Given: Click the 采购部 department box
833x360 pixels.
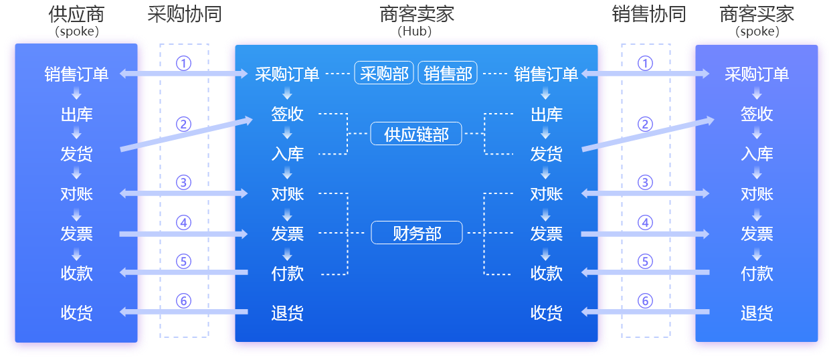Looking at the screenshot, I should point(384,74).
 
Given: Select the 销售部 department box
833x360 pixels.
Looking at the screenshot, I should point(448,74).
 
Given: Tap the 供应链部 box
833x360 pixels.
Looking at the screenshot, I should point(416,134).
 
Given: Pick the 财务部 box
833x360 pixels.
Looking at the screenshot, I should point(416,233).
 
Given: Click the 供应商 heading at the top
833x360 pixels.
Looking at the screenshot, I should point(76,14).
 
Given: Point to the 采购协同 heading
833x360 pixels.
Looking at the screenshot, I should point(184,14).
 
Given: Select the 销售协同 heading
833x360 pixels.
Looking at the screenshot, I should point(648,14).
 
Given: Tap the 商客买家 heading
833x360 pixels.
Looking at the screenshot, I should point(757,14).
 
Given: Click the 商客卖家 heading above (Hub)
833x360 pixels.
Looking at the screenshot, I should point(417,14).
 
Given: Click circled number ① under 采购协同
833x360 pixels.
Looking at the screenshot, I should point(183,63).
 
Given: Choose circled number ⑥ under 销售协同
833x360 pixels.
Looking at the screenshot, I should point(645,301).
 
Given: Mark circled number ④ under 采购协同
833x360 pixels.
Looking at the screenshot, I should point(183,222).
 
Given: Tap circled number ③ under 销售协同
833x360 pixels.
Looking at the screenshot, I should point(645,182).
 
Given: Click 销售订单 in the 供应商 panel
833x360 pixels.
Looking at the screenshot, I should point(76,74).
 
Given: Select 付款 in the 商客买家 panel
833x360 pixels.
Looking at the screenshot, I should point(757,273).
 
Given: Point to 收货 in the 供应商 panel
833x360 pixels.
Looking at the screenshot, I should point(76,312).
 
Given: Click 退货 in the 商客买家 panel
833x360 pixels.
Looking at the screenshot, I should point(757,312).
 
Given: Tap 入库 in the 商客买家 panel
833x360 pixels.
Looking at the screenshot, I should point(757,154).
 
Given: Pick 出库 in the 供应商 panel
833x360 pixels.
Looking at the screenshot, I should point(76,114).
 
